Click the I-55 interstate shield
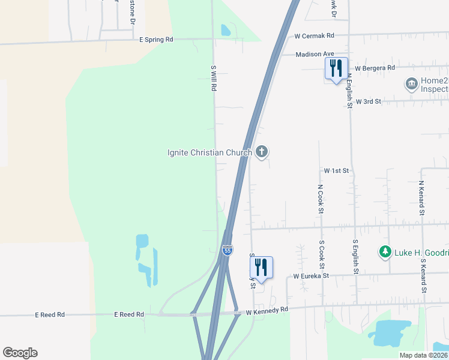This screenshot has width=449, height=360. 227,250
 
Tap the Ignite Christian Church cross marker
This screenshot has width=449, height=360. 261,152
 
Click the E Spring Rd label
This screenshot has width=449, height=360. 155,39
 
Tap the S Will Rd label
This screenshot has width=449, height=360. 213,78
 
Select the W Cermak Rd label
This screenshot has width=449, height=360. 313,36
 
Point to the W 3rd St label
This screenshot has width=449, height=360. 369,101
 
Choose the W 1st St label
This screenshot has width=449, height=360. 336,171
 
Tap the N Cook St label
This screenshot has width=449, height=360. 321,199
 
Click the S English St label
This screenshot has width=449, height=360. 355,257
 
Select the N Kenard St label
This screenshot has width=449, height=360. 421,198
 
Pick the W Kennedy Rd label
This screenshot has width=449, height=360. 267,310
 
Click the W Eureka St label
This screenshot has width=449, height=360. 311,276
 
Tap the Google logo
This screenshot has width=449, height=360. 20,353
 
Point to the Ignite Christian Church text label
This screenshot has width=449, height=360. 209,152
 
